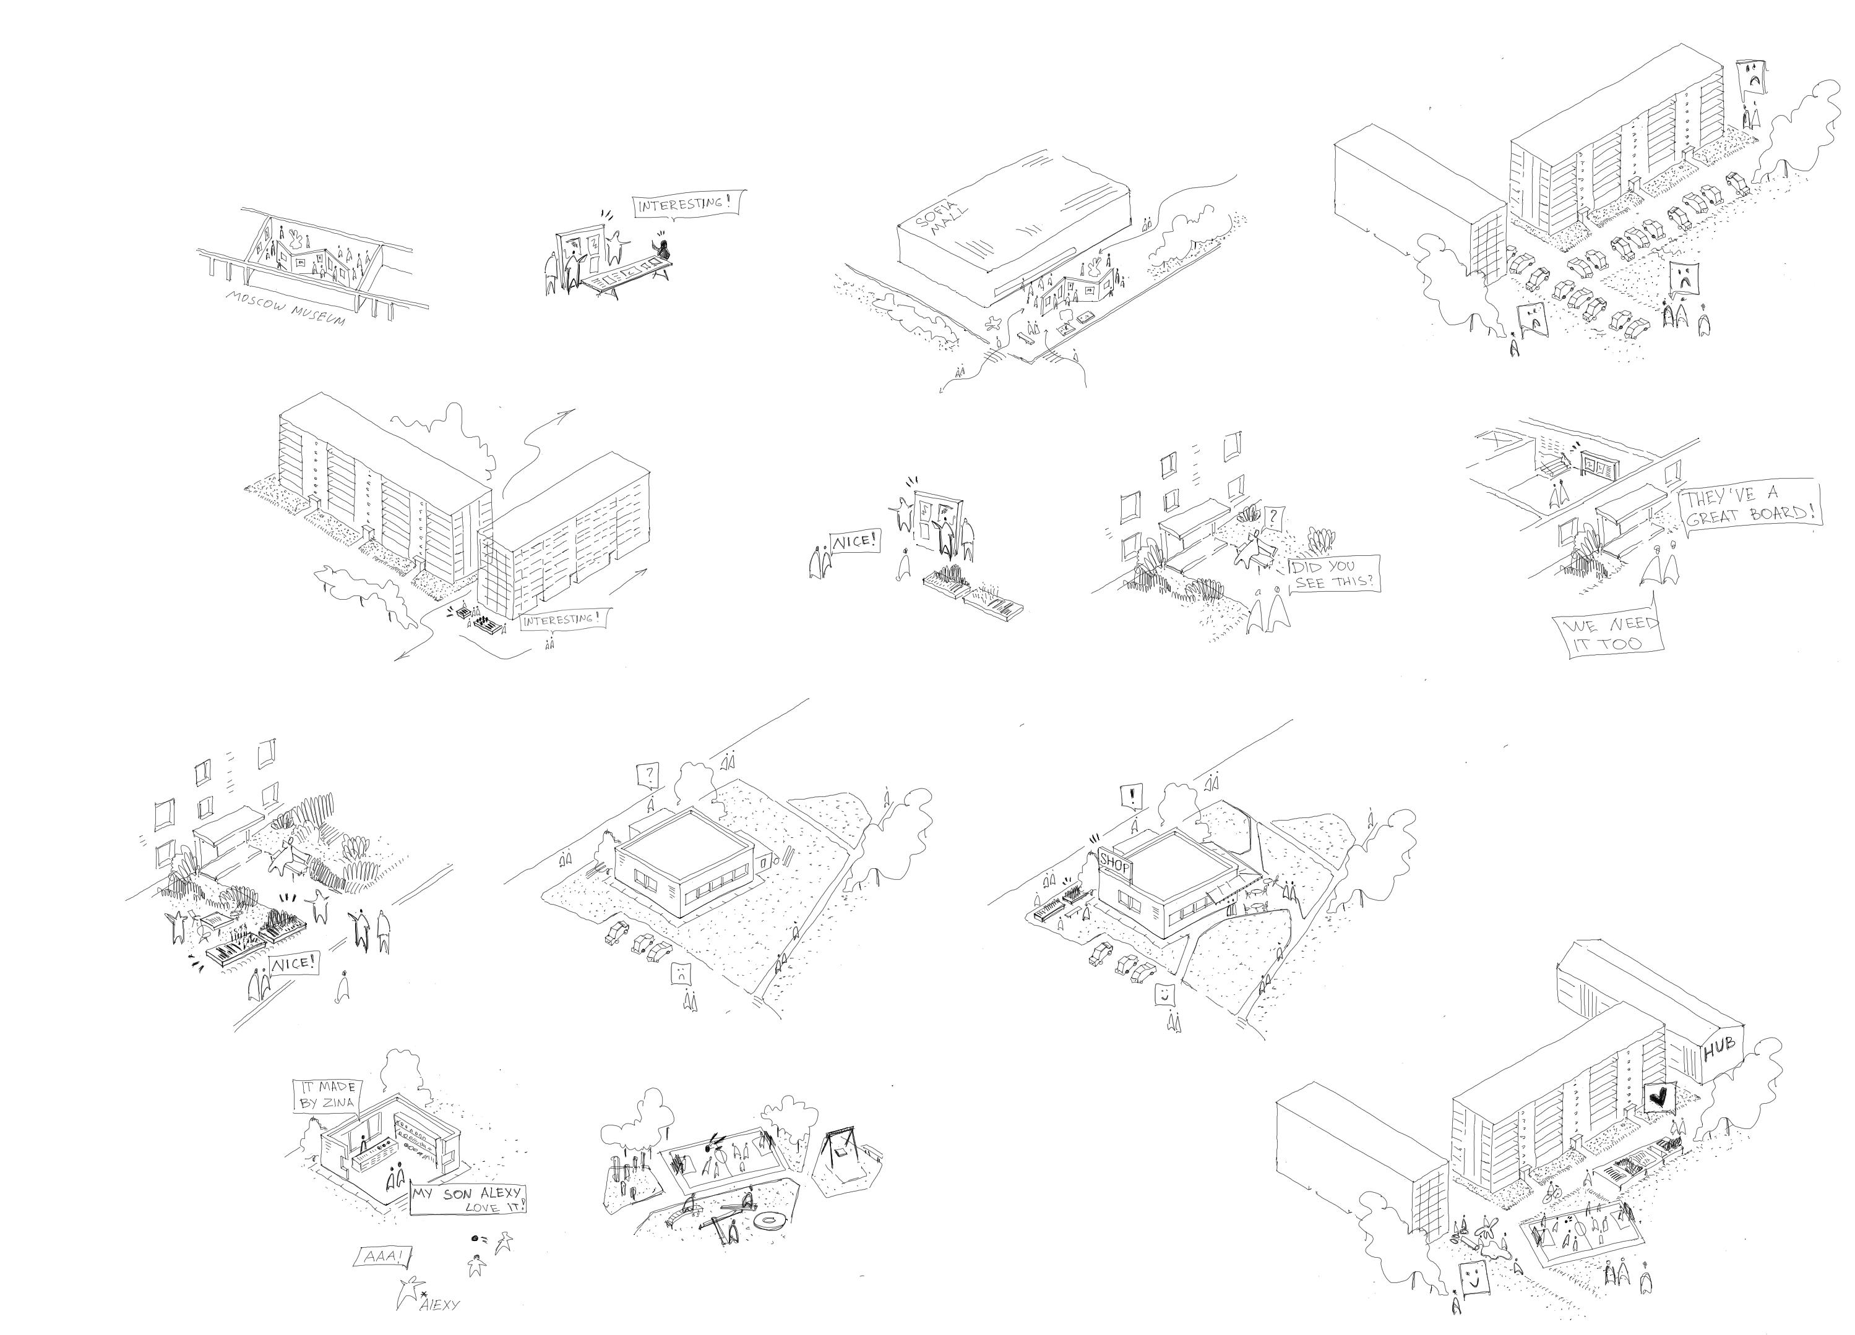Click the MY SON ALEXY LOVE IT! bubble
point(467,1200)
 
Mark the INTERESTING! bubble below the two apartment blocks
point(562,619)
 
